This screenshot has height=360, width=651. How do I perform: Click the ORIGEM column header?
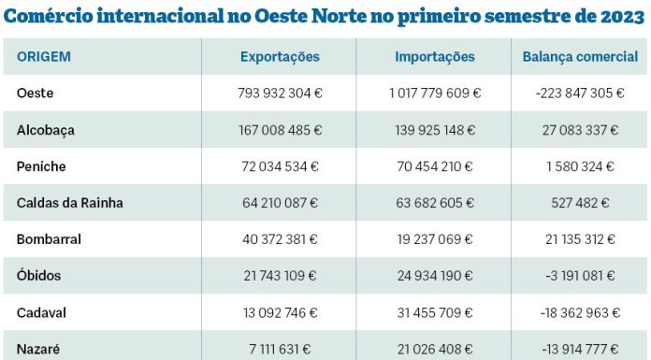tap(43, 57)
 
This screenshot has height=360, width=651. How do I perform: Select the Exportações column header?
tap(280, 57)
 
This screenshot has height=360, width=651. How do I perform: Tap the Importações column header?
tap(434, 57)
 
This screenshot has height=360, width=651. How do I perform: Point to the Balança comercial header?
tap(580, 57)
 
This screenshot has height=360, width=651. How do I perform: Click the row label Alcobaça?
tap(45, 130)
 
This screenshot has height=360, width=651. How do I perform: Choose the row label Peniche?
tap(41, 166)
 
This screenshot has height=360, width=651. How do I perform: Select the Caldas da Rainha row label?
tap(69, 203)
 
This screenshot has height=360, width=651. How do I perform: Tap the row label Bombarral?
tap(49, 239)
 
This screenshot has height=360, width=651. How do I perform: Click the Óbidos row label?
tap(40, 276)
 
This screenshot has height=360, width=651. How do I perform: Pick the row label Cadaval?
tap(42, 312)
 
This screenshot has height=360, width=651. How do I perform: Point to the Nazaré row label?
tap(38, 349)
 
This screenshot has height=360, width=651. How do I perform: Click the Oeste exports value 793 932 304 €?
tap(280, 94)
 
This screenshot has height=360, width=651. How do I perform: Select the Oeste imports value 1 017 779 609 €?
tap(435, 94)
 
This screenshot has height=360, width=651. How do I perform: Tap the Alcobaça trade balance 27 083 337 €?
tap(580, 130)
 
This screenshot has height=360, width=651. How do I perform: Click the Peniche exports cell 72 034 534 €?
tap(280, 166)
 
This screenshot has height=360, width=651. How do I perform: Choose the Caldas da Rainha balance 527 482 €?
tap(580, 203)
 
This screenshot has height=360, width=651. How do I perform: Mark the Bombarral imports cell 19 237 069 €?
tap(435, 239)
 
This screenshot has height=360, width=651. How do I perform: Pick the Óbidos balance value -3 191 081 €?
tap(580, 276)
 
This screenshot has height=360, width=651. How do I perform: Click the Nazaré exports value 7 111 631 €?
tap(280, 349)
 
